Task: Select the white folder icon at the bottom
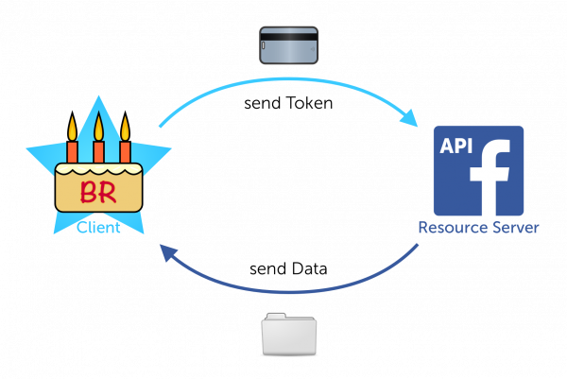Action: pyautogui.click(x=289, y=336)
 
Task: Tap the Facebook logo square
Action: pyautogui.click(x=478, y=171)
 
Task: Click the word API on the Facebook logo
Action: pyautogui.click(x=456, y=146)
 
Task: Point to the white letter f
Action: pyautogui.click(x=491, y=179)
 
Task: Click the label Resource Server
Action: pyautogui.click(x=478, y=228)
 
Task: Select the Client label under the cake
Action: pyautogui.click(x=98, y=228)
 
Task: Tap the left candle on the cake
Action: pyautogui.click(x=72, y=151)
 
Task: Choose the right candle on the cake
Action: pyautogui.click(x=125, y=151)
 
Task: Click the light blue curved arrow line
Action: pyautogui.click(x=283, y=82)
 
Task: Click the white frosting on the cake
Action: pyautogui.click(x=98, y=171)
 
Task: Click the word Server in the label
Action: pyautogui.click(x=516, y=228)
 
